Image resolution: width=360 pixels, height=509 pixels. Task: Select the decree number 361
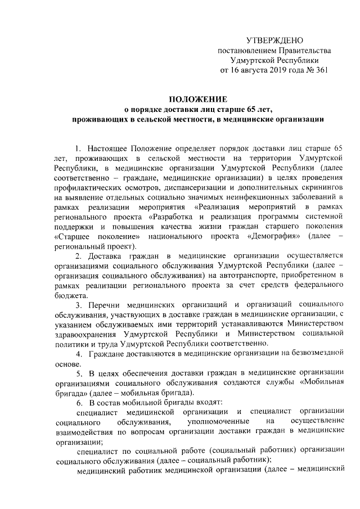pyautogui.click(x=320, y=70)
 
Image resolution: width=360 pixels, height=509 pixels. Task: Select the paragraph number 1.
pyautogui.click(x=78, y=148)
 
